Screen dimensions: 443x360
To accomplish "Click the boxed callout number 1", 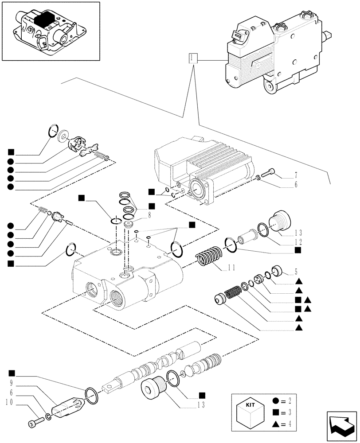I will [192, 58].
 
